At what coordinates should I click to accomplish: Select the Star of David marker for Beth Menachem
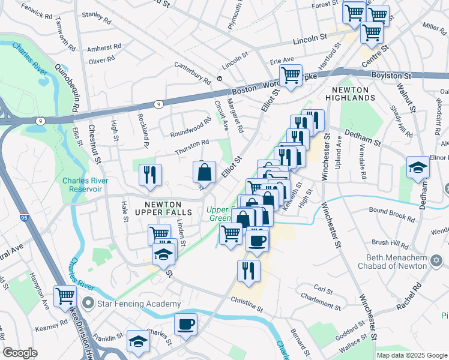436,261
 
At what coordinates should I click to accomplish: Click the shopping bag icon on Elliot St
205,172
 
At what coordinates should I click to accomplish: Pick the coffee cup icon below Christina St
185,324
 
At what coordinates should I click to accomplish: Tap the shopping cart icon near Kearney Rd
65,295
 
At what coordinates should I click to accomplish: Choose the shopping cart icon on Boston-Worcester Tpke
291,75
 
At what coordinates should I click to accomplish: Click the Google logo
20,353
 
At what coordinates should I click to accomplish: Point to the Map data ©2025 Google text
411,355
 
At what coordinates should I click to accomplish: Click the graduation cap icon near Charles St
139,342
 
